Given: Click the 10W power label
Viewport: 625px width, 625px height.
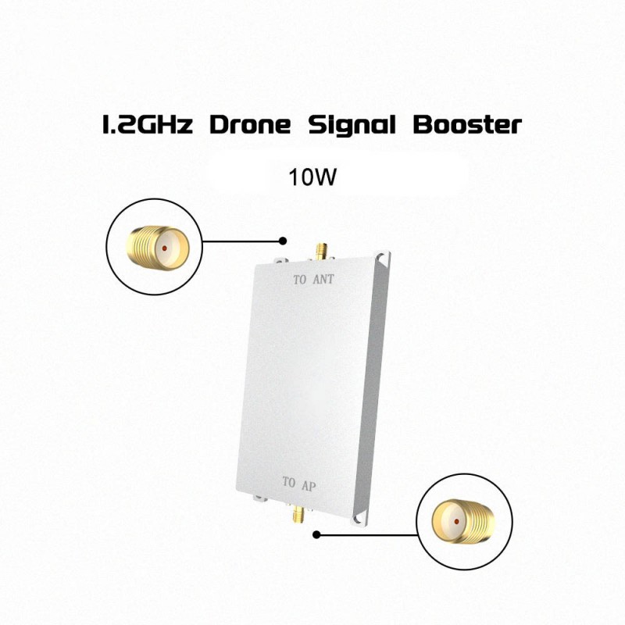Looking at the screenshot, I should (x=312, y=176).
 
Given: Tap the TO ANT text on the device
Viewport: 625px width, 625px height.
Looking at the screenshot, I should (x=313, y=280).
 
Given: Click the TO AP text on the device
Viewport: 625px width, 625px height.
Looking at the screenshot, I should (x=299, y=482).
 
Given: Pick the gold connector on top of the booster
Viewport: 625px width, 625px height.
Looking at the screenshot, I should (x=321, y=252).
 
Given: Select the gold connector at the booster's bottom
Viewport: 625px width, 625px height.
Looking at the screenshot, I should (x=298, y=515).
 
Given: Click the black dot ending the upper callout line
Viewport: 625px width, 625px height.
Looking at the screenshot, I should (x=284, y=241).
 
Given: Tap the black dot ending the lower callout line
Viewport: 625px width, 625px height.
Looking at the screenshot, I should (x=316, y=535).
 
